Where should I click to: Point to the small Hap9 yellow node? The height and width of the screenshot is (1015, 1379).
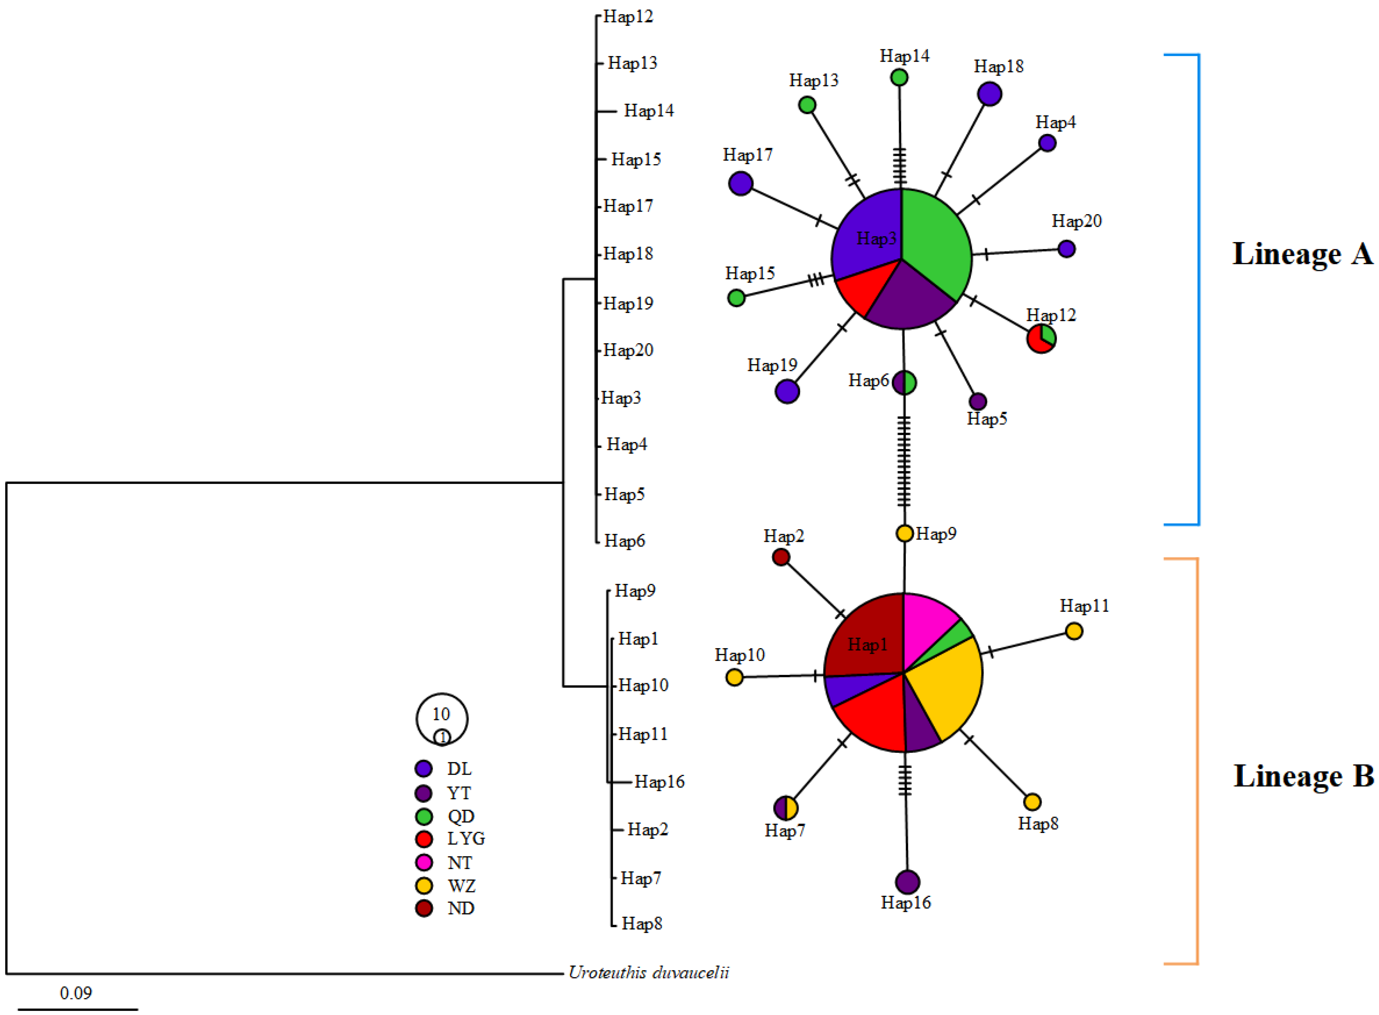tap(904, 533)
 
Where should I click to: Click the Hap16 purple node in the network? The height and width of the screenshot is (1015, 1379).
tap(907, 882)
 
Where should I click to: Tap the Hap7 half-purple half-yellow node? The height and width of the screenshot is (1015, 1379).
tap(786, 808)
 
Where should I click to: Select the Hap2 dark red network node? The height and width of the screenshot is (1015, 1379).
tap(781, 557)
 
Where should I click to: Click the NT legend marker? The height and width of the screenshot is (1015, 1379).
tap(424, 862)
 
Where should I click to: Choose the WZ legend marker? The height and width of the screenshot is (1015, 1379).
tap(424, 885)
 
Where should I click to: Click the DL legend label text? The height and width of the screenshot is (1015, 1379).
tap(459, 769)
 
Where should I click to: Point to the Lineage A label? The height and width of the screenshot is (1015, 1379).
tap(1302, 254)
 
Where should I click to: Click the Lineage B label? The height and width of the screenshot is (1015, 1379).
tap(1303, 776)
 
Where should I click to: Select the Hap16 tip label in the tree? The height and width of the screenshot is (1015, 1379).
tap(659, 781)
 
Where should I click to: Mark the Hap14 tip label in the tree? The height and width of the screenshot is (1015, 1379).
tap(649, 111)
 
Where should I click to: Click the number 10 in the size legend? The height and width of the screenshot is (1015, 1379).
tap(441, 714)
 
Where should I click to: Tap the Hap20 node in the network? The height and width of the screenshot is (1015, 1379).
tap(1066, 249)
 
